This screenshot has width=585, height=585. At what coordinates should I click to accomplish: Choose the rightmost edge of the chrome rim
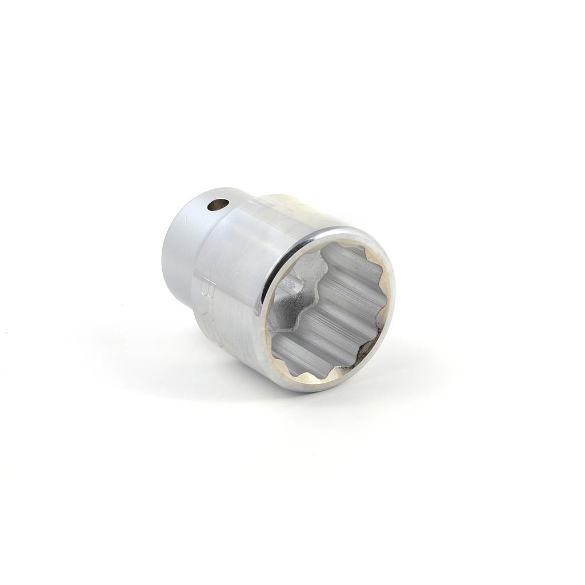pos(395,297)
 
